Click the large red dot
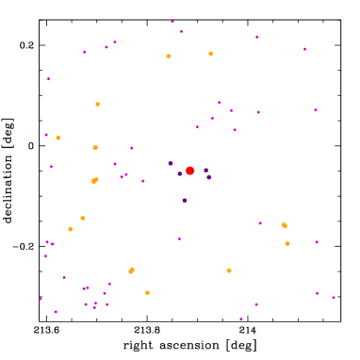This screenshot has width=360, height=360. coord(189,171)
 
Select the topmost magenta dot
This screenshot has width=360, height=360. coord(172,22)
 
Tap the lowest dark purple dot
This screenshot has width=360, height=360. coord(185,200)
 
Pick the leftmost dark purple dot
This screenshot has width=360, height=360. coord(171,163)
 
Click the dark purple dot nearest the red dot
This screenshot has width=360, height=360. coord(180,173)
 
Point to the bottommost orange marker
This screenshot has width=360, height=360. coord(147,292)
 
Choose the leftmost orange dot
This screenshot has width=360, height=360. coord(58,138)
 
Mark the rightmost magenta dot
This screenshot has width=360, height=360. coord(333,298)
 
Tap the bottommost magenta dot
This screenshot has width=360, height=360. coord(240,319)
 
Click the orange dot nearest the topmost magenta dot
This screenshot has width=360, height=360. coord(169,57)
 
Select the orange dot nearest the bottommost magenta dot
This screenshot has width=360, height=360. coord(229,270)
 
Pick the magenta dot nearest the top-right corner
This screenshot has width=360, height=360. coord(304,49)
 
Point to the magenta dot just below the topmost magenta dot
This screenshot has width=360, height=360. coord(181,32)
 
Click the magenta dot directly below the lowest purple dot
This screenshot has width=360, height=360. coord(179,238)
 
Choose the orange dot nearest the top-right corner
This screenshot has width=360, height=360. coord(211,54)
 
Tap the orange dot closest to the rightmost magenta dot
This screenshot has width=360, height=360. coord(287,243)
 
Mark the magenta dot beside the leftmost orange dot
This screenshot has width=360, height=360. coord(46,135)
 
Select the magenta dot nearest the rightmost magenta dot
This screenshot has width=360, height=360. coord(317,293)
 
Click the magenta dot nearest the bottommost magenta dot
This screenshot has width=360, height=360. coord(255,304)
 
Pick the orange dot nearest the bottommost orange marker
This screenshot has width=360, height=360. coord(131,270)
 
